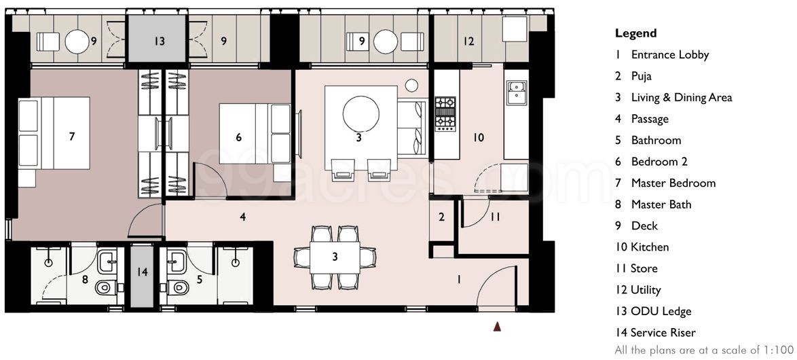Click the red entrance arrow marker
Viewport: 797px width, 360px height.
[498, 327]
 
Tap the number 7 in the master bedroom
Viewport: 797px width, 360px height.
[72, 137]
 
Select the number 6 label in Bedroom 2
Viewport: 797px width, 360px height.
[238, 137]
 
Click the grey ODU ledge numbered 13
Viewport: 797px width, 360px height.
[158, 41]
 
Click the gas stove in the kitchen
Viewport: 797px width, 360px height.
[445, 113]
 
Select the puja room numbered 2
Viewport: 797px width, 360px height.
[441, 217]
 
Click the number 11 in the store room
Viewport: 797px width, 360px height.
[496, 217]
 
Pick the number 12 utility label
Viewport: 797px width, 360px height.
[468, 41]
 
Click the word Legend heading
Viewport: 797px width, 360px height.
[635, 33]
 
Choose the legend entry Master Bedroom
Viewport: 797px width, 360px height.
[673, 183]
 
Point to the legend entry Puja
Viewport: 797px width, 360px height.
[641, 76]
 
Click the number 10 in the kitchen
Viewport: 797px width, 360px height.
[478, 137]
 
